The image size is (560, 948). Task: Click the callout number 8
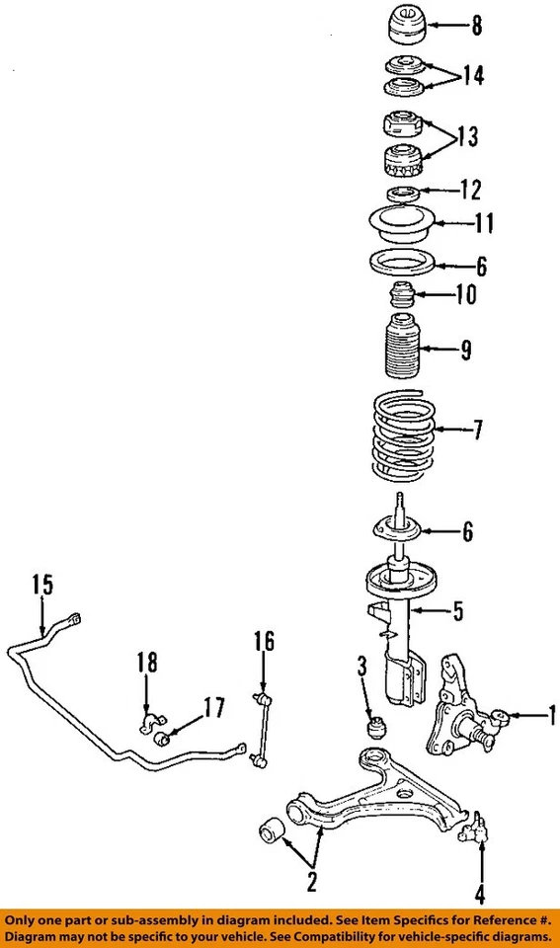click(476, 27)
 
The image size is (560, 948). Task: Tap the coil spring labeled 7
click(402, 433)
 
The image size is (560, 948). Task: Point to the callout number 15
click(40, 585)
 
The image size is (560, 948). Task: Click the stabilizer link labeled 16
click(263, 725)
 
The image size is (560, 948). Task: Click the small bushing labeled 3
click(375, 728)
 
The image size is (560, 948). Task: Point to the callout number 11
click(482, 224)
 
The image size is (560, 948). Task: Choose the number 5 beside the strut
click(456, 612)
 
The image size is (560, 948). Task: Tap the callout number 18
click(146, 665)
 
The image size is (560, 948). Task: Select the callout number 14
click(474, 76)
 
